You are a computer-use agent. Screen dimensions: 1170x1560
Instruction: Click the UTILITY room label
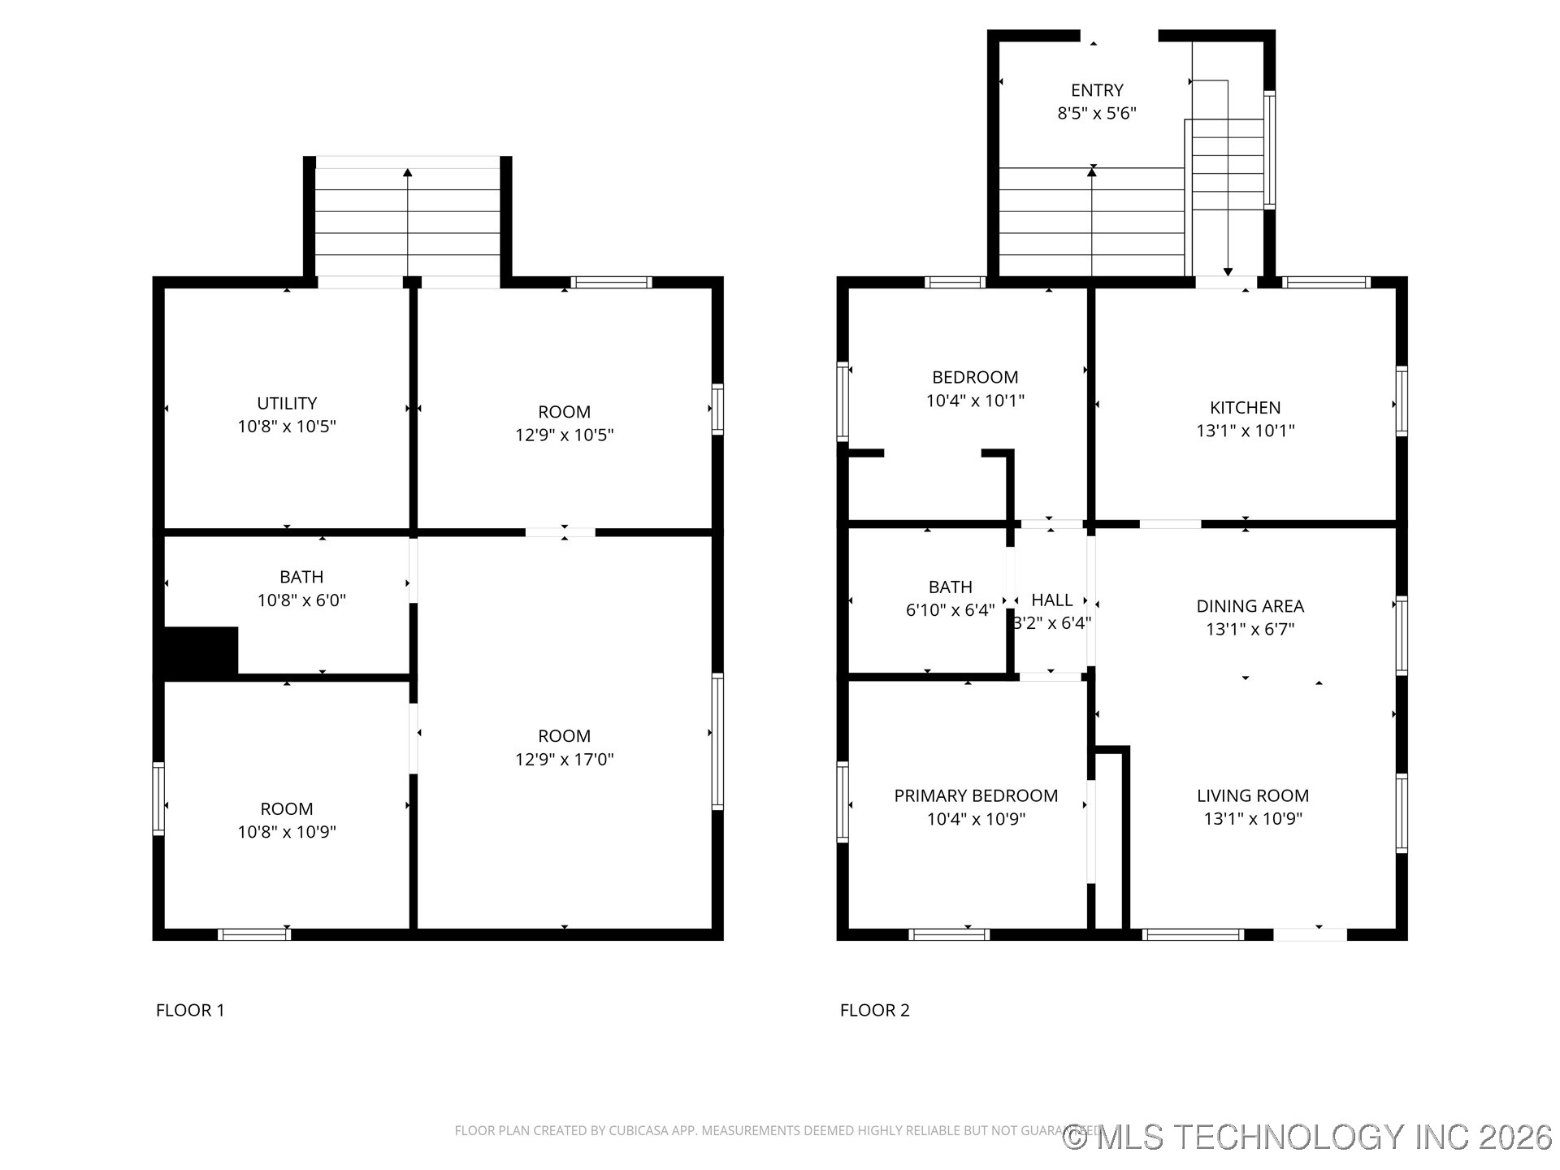[x=287, y=403]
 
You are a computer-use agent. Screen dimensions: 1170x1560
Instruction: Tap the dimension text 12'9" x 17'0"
[x=564, y=760]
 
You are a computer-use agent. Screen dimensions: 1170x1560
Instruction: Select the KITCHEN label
[x=1245, y=408]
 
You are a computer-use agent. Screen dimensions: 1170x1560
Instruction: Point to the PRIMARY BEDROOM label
[x=976, y=796]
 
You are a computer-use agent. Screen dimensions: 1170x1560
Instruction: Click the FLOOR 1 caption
[x=190, y=1010]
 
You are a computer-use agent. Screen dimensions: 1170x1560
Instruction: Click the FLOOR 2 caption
[x=874, y=1010]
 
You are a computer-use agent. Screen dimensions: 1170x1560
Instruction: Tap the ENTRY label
[x=1097, y=90]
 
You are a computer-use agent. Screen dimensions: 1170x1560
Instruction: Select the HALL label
[x=1051, y=600]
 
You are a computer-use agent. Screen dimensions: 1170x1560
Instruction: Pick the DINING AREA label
[x=1250, y=606]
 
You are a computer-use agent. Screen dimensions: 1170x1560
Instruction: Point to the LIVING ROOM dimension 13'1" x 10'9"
[x=1252, y=819]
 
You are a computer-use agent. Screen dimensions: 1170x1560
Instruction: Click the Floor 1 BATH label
[x=301, y=577]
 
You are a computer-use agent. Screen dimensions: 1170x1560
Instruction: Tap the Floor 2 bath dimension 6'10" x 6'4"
[x=950, y=610]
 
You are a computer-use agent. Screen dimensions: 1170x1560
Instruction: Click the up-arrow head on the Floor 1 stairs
[x=408, y=172]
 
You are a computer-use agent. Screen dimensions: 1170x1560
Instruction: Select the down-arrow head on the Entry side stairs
[x=1228, y=272]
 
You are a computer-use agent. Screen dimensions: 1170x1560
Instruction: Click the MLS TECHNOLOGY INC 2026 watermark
[x=1308, y=1137]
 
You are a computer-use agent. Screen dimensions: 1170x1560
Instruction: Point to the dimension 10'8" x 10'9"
[x=287, y=832]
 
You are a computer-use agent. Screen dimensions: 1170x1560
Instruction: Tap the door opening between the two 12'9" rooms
[x=561, y=533]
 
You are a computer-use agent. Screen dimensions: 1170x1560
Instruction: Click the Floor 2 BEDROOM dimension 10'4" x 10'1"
[x=975, y=401]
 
